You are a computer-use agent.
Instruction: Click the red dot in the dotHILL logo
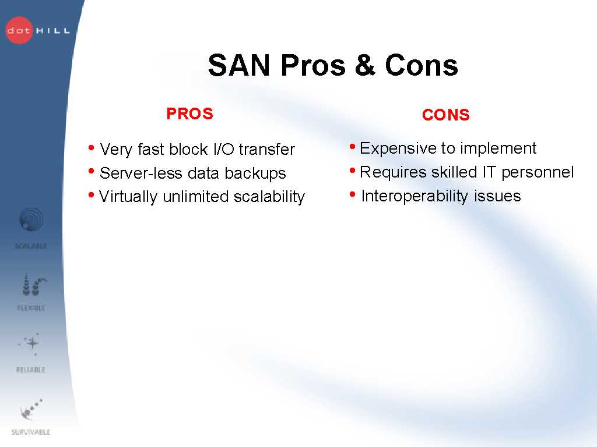[x=19, y=30]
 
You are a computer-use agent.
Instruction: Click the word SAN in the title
[x=238, y=65]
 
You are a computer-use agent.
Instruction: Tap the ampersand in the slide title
[x=365, y=65]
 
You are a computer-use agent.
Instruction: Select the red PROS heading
[x=189, y=113]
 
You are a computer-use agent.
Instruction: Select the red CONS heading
[x=445, y=115]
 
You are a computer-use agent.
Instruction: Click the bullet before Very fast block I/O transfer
[x=91, y=147]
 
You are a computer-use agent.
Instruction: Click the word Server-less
[x=141, y=173]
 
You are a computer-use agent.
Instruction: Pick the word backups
[x=255, y=173]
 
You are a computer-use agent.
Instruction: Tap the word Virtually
[x=128, y=197]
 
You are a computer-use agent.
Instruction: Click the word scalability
[x=269, y=197]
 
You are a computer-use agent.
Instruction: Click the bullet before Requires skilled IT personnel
[x=352, y=171]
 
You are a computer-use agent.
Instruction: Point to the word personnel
[x=537, y=172]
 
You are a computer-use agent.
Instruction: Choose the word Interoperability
[x=415, y=197]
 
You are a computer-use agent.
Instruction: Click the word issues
[x=497, y=196]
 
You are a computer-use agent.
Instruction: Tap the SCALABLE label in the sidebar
[x=31, y=246]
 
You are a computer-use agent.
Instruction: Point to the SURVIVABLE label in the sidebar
[x=31, y=432]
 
